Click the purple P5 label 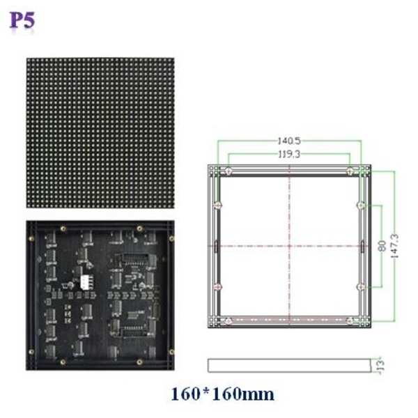coord(22,20)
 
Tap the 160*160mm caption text coord(222,394)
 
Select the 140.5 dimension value coord(289,141)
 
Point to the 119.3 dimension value coord(289,154)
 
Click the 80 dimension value coord(382,246)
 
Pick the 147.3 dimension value coord(394,246)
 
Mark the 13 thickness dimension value coord(381,365)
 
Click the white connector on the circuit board coord(86,282)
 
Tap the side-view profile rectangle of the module coord(289,365)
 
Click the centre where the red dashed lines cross coord(289,246)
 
